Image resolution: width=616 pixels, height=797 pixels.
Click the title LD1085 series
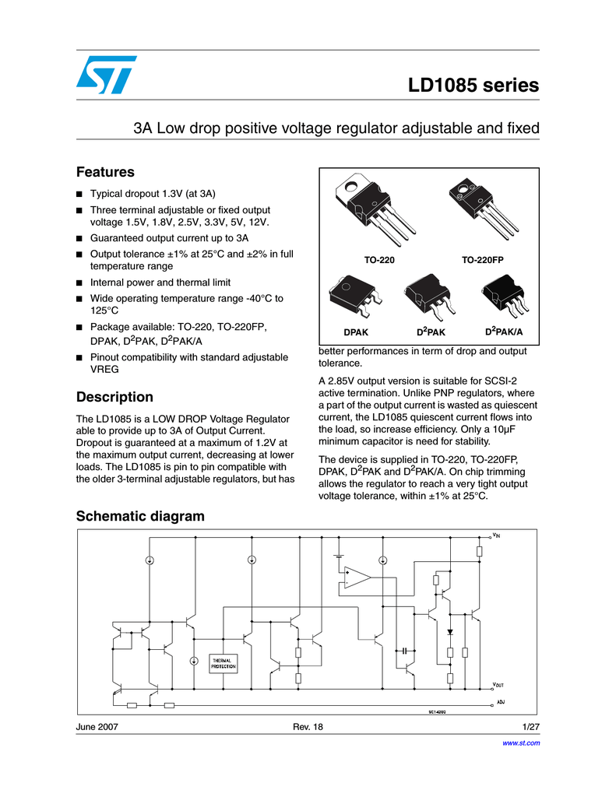(473, 85)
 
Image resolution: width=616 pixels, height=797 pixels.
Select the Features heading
(105, 172)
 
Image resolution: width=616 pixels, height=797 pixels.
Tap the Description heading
(114, 397)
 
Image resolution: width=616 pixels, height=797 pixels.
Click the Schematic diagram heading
(140, 516)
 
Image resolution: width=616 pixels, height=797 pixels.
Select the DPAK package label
(356, 332)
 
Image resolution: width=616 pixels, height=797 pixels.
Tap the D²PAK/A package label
(504, 332)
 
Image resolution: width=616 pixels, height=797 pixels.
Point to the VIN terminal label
(496, 535)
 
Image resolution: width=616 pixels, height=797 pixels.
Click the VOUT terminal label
(498, 685)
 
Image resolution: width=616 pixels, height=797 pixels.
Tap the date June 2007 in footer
(97, 726)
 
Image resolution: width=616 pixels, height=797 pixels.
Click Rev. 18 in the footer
(307, 726)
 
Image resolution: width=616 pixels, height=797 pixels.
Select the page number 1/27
(530, 726)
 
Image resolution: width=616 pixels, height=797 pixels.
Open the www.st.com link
(523, 743)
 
